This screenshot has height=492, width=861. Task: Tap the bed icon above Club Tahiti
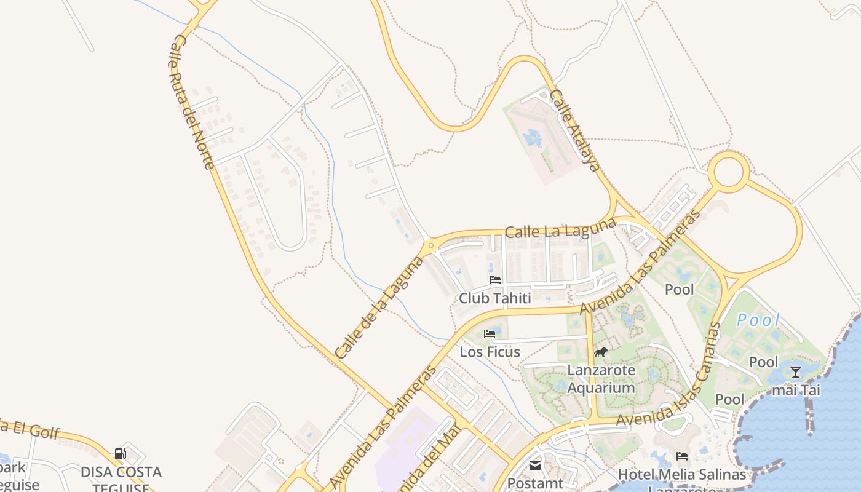[495, 280]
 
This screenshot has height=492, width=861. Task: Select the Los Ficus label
[490, 352]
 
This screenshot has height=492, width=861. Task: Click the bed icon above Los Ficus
[490, 334]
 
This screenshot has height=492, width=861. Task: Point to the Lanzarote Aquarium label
[601, 379]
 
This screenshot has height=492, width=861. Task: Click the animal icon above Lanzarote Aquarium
[601, 352]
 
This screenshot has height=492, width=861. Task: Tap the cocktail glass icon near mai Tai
[795, 371]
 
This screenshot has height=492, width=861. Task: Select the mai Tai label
[796, 390]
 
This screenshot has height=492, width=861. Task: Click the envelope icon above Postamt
[535, 466]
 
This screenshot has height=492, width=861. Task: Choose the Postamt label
[535, 483]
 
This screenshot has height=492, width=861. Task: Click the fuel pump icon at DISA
[121, 454]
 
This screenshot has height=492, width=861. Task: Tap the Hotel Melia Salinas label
[682, 474]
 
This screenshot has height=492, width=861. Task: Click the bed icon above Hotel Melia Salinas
[682, 456]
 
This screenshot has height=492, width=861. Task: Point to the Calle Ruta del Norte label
[191, 101]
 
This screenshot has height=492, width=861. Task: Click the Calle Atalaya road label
[574, 130]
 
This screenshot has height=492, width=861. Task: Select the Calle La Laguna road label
[560, 228]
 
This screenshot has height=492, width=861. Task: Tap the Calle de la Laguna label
[379, 307]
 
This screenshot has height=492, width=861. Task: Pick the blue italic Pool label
[758, 320]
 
